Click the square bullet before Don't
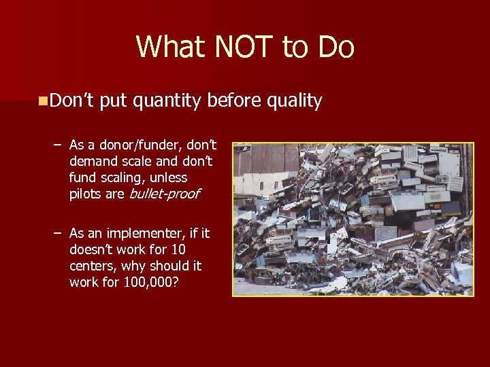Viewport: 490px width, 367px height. [43, 101]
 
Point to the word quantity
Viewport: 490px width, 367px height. [167, 101]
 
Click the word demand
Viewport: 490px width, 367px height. [93, 162]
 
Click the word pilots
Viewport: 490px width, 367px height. [86, 194]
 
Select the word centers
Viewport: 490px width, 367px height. [92, 266]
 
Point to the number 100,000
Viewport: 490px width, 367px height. [151, 281]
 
